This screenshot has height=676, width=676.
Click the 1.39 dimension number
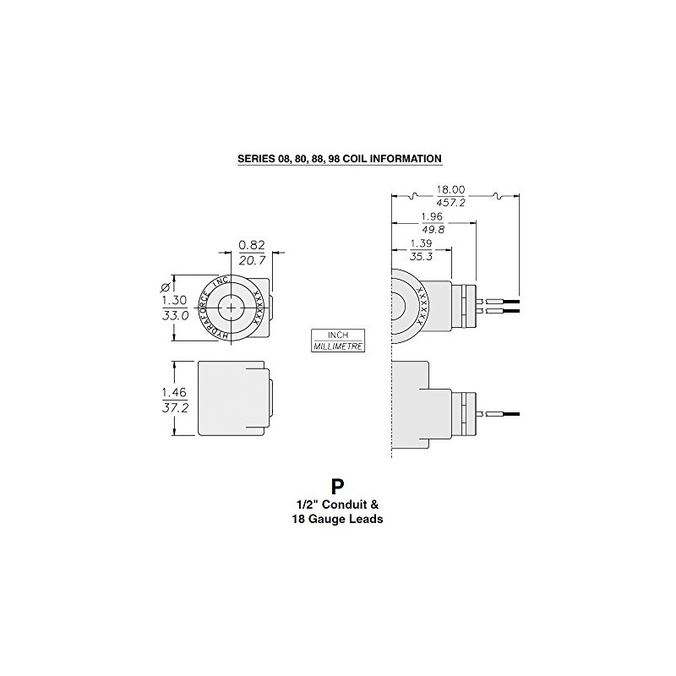pyautogui.click(x=422, y=243)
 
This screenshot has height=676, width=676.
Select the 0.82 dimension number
pyautogui.click(x=252, y=245)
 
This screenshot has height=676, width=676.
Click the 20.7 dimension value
pyautogui.click(x=252, y=261)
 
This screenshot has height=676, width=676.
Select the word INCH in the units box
pyautogui.click(x=338, y=335)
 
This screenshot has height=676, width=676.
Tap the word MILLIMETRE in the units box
pyautogui.click(x=338, y=346)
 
